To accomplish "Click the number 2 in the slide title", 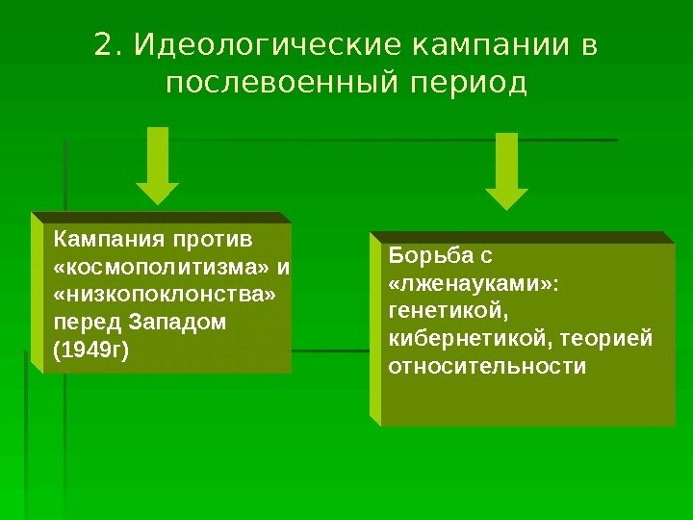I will (103, 45).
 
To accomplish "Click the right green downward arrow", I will (507, 170).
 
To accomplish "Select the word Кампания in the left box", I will (107, 237).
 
